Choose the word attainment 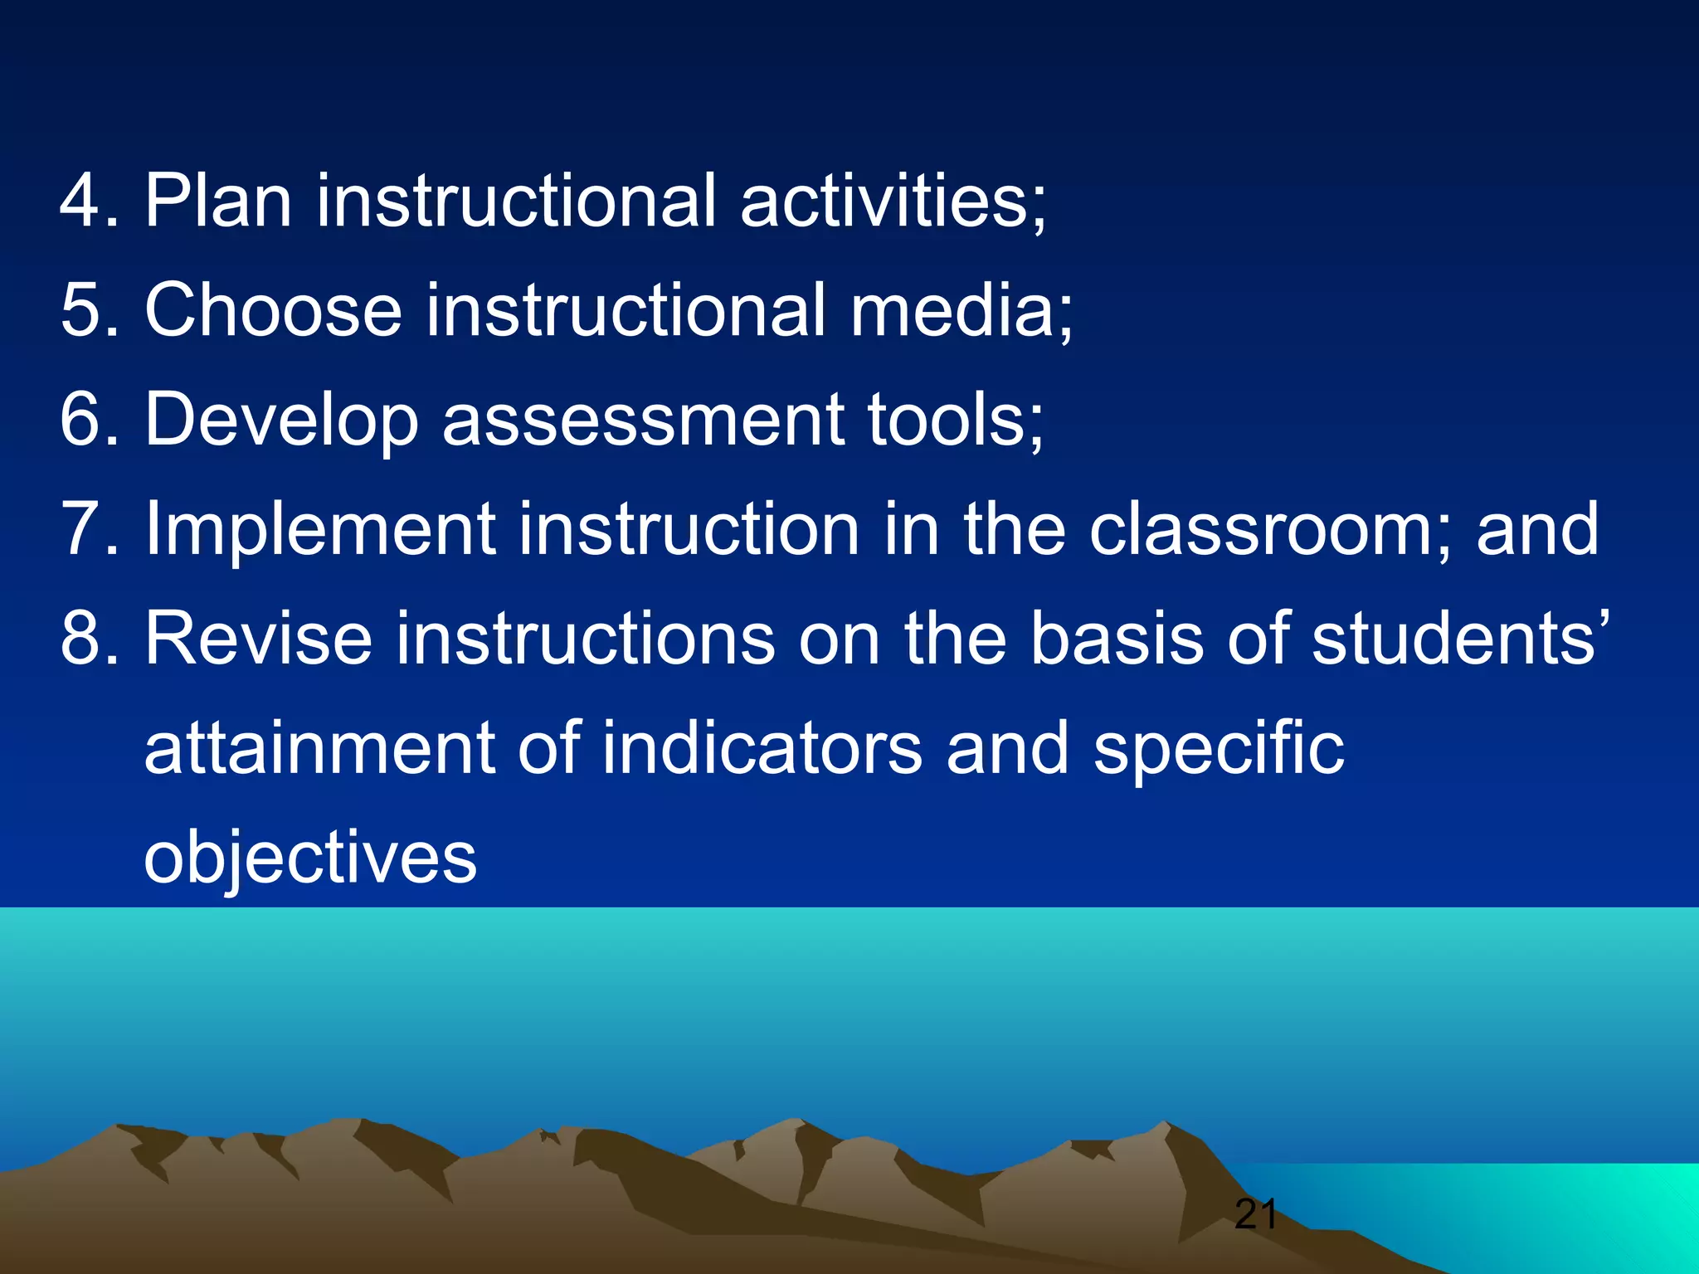pyautogui.click(x=319, y=748)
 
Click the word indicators pyautogui.click(x=762, y=748)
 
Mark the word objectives pyautogui.click(x=310, y=858)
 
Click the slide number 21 pyautogui.click(x=1255, y=1215)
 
